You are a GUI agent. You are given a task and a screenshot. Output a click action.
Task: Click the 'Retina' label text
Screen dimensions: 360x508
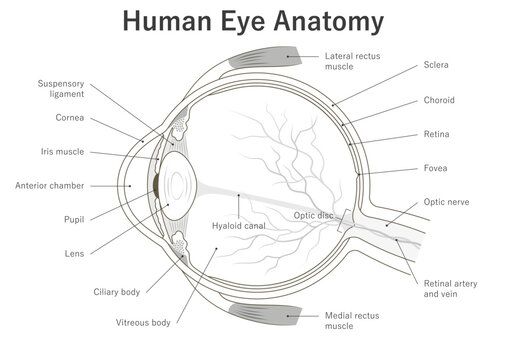coord(438,134)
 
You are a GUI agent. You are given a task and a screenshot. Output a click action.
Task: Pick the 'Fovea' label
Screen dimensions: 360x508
coord(437,168)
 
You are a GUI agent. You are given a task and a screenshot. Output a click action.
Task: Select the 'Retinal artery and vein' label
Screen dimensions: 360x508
coord(450,289)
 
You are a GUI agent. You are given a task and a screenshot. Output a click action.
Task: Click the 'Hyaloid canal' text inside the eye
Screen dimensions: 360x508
coord(235,226)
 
